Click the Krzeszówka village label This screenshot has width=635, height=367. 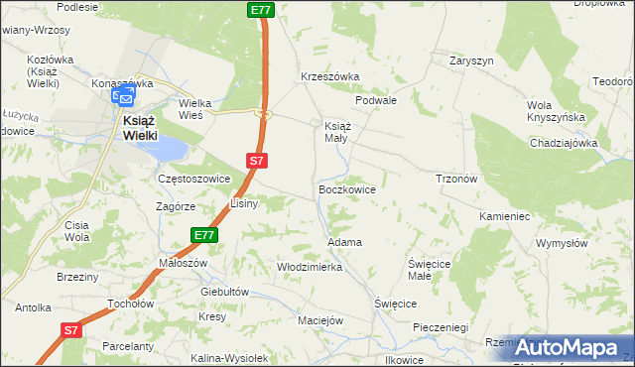(x=329, y=76)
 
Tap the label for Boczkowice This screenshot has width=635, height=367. (x=346, y=187)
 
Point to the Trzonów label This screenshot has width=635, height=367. (x=457, y=179)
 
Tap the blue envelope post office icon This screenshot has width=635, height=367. (x=123, y=97)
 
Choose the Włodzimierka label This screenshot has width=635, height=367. (x=310, y=267)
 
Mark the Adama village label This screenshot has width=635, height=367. (x=344, y=242)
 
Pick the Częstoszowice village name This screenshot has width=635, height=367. (x=194, y=179)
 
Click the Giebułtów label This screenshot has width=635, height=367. (x=223, y=292)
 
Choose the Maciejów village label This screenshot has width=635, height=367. (x=320, y=320)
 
